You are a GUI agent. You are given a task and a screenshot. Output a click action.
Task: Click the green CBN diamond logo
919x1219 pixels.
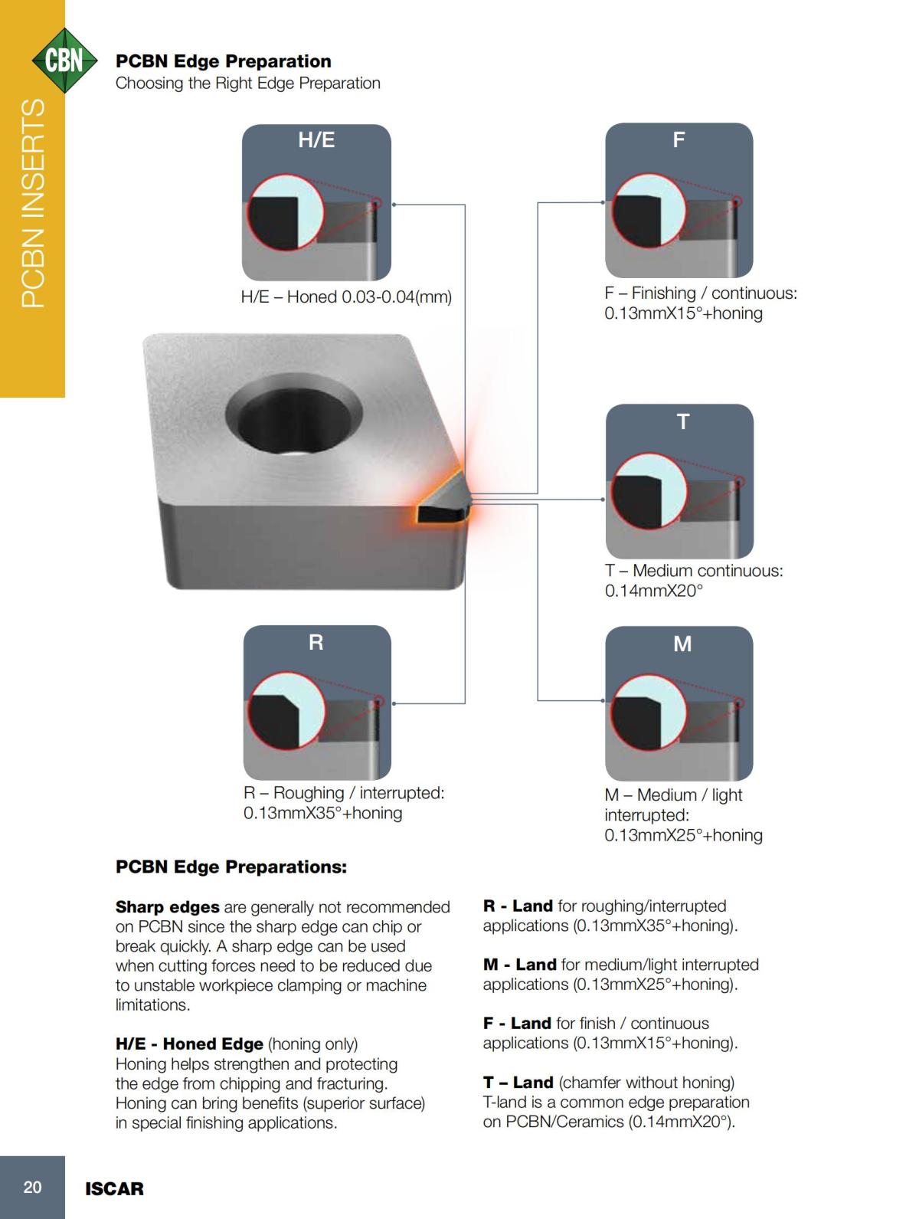(x=64, y=60)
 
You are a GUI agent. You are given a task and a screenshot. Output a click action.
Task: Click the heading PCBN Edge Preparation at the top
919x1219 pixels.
(x=223, y=61)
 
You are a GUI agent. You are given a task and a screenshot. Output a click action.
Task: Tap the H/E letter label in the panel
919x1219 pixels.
(x=316, y=140)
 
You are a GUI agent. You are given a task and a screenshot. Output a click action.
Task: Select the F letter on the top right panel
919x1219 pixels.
(x=679, y=140)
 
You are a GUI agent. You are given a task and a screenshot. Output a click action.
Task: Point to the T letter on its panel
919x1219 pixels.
(x=682, y=421)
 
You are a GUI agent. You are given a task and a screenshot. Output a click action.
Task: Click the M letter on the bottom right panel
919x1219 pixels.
(x=682, y=644)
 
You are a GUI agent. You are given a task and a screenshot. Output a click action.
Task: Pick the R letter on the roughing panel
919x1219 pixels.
(x=316, y=642)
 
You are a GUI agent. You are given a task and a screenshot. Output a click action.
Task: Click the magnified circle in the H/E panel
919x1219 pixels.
(x=285, y=213)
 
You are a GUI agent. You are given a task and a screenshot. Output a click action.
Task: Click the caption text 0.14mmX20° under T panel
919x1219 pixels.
(x=653, y=591)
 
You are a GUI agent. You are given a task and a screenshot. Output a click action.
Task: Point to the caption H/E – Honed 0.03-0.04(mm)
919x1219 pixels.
(x=346, y=297)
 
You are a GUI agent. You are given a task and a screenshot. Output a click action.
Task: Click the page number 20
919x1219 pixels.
(x=32, y=1188)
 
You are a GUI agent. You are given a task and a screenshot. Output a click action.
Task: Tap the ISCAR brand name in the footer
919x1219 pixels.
(x=114, y=1189)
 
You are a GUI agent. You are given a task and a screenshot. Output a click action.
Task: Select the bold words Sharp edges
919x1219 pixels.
(x=167, y=907)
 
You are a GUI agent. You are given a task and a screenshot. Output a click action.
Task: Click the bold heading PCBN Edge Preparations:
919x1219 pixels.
(x=231, y=867)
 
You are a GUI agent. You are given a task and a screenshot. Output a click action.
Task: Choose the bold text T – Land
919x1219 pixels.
(x=518, y=1083)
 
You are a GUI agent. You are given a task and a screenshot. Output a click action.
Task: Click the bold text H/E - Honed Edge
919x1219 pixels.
(x=189, y=1044)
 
